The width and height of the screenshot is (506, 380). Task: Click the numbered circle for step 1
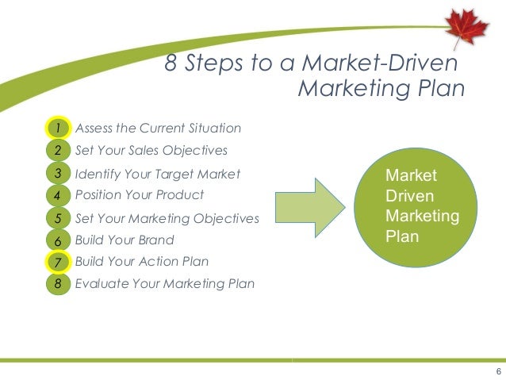click(x=58, y=128)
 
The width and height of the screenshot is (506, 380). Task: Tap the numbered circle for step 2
click(x=58, y=150)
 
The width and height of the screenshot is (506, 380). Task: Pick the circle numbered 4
click(x=58, y=194)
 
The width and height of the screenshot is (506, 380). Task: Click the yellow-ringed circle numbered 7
click(x=58, y=261)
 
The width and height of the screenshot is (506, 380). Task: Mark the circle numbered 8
click(x=58, y=282)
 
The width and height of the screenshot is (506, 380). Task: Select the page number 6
click(x=497, y=372)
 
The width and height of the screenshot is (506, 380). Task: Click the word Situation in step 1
click(x=215, y=128)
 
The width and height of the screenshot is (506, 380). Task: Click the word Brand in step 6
click(x=155, y=240)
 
